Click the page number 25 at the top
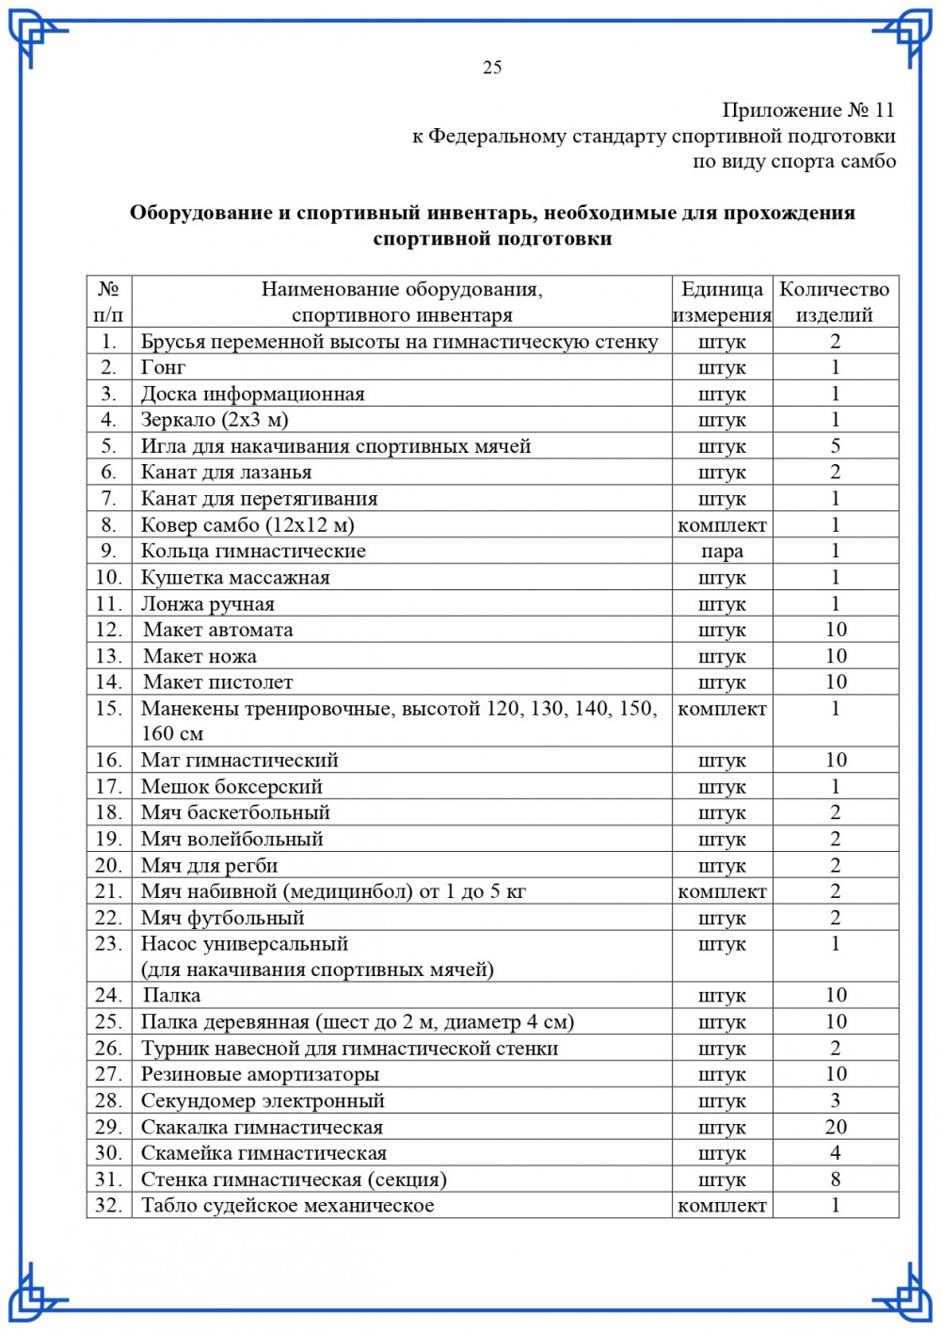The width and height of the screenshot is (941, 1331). [492, 67]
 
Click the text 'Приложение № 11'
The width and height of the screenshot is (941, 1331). [808, 110]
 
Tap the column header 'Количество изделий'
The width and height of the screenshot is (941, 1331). [835, 301]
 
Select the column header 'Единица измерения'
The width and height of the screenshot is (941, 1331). [722, 301]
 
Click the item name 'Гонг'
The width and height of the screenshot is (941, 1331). [163, 368]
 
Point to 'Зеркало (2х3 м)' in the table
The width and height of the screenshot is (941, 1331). [215, 420]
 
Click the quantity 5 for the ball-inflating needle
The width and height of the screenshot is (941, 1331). [835, 446]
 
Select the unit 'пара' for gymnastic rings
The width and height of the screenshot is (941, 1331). [722, 552]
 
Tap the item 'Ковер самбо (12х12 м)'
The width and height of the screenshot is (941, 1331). [247, 525]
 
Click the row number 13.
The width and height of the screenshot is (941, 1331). [109, 656]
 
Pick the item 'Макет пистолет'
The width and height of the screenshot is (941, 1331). [217, 682]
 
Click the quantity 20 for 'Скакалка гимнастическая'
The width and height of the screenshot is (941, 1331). [835, 1127]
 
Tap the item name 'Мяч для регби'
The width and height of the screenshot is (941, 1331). [209, 866]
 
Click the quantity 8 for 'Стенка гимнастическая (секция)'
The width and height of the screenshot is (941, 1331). [835, 1179]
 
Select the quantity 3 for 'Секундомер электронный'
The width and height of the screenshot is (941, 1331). [835, 1100]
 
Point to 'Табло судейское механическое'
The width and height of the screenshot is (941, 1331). [288, 1206]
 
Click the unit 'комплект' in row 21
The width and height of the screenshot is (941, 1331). [722, 891]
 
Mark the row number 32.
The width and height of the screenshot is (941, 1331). [109, 1206]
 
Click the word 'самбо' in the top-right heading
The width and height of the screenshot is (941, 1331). [868, 162]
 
